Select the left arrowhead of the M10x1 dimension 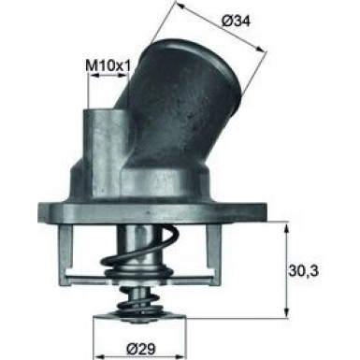coord(92,78)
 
